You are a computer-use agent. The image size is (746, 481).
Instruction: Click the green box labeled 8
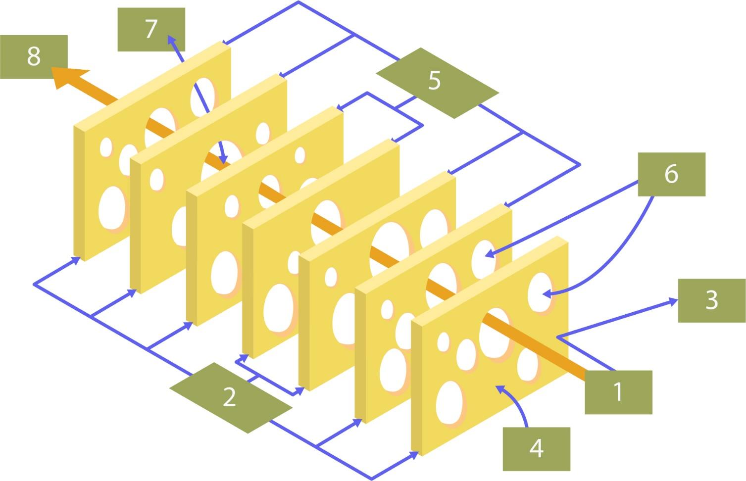click(x=34, y=56)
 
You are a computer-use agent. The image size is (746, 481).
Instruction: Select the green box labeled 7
click(x=151, y=29)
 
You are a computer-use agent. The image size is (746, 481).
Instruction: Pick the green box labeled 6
click(x=671, y=174)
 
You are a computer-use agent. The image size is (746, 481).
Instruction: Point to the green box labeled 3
click(x=711, y=300)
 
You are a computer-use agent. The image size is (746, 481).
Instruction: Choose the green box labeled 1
click(x=618, y=392)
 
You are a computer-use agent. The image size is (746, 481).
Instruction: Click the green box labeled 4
click(x=536, y=449)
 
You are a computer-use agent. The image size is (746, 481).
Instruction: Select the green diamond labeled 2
click(x=230, y=397)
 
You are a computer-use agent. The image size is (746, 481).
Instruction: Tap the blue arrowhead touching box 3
click(x=674, y=300)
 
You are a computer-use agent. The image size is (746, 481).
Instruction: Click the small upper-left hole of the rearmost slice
click(x=106, y=147)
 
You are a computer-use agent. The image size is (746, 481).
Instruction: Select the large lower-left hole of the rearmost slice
click(x=112, y=208)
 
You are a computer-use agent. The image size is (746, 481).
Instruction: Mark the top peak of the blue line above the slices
click(x=298, y=2)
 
